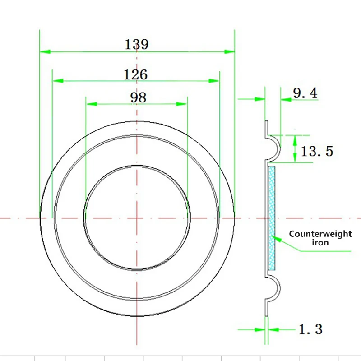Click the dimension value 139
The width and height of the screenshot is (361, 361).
137,44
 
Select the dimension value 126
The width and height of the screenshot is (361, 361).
136,74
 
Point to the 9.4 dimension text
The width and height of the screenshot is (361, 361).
305,93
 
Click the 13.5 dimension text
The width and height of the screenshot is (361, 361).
317,151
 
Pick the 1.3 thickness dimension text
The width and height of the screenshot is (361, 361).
310,329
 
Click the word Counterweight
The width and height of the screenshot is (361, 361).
320,234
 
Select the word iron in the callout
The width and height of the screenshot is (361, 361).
320,243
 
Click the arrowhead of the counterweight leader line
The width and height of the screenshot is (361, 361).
276,238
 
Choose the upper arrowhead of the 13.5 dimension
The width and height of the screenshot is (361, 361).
295,139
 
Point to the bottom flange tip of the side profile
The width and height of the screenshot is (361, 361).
266,314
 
